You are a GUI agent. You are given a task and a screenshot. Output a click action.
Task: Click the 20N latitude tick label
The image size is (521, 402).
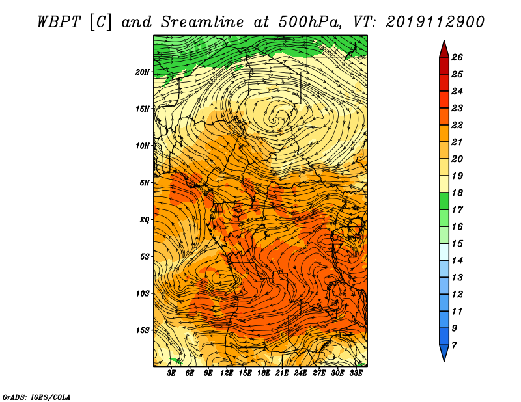click(x=143, y=72)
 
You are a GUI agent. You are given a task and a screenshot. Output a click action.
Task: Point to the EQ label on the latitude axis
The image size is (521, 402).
click(x=145, y=220)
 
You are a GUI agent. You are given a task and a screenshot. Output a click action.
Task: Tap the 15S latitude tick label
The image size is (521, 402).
click(x=143, y=330)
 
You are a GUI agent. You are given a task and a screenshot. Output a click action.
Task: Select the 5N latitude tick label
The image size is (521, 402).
click(x=145, y=183)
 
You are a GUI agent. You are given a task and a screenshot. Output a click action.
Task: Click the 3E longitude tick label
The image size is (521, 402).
click(x=171, y=373)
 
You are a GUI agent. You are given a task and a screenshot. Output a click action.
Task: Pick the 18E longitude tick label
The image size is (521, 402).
click(x=264, y=373)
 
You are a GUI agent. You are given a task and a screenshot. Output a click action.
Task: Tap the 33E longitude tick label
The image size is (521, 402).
click(x=356, y=373)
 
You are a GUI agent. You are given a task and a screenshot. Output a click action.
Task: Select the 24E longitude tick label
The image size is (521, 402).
click(x=300, y=373)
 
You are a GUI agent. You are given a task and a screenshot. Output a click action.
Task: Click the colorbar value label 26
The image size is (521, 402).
click(x=457, y=57)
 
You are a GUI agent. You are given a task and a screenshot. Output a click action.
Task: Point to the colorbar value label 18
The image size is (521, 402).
click(x=457, y=193)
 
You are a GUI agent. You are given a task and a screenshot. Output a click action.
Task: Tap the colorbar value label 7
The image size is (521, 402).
click(x=454, y=345)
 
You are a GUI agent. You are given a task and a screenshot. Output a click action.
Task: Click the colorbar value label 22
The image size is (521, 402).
click(x=457, y=125)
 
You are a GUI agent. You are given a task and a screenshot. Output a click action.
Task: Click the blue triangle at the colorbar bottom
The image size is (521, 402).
click(x=444, y=352)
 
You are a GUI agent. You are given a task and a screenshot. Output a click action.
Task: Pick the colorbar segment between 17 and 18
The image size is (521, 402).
click(x=444, y=201)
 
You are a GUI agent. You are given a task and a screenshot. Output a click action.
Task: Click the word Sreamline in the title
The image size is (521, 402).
click(x=203, y=22)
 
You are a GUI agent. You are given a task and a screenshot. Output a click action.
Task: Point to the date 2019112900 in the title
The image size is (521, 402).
click(x=435, y=22)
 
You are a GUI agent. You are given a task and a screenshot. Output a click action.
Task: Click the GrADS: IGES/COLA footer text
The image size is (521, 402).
click(x=36, y=397)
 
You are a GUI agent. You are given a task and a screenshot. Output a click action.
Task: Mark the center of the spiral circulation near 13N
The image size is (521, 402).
click(x=275, y=121)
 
